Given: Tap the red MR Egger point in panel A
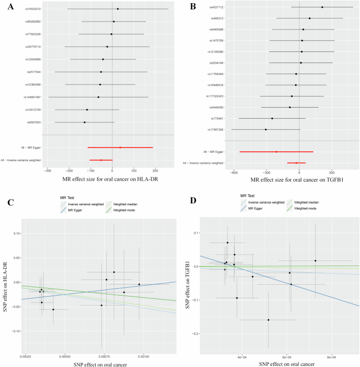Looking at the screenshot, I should [120, 148].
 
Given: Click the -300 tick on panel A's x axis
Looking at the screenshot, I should [48, 171].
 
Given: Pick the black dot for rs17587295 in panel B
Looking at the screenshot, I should [266, 129].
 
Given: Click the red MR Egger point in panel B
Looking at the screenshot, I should [276, 152].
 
